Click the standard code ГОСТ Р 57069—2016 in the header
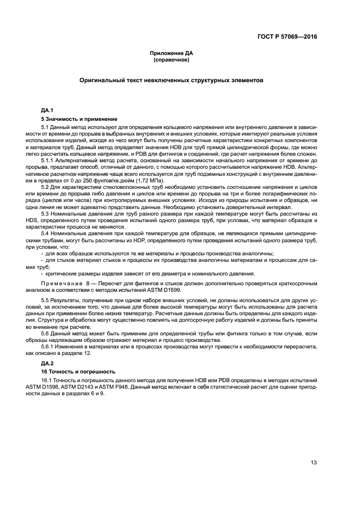coord(288,38)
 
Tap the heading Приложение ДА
coord(172,53)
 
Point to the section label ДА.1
coord(47,110)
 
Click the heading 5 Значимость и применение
coord(79,119)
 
